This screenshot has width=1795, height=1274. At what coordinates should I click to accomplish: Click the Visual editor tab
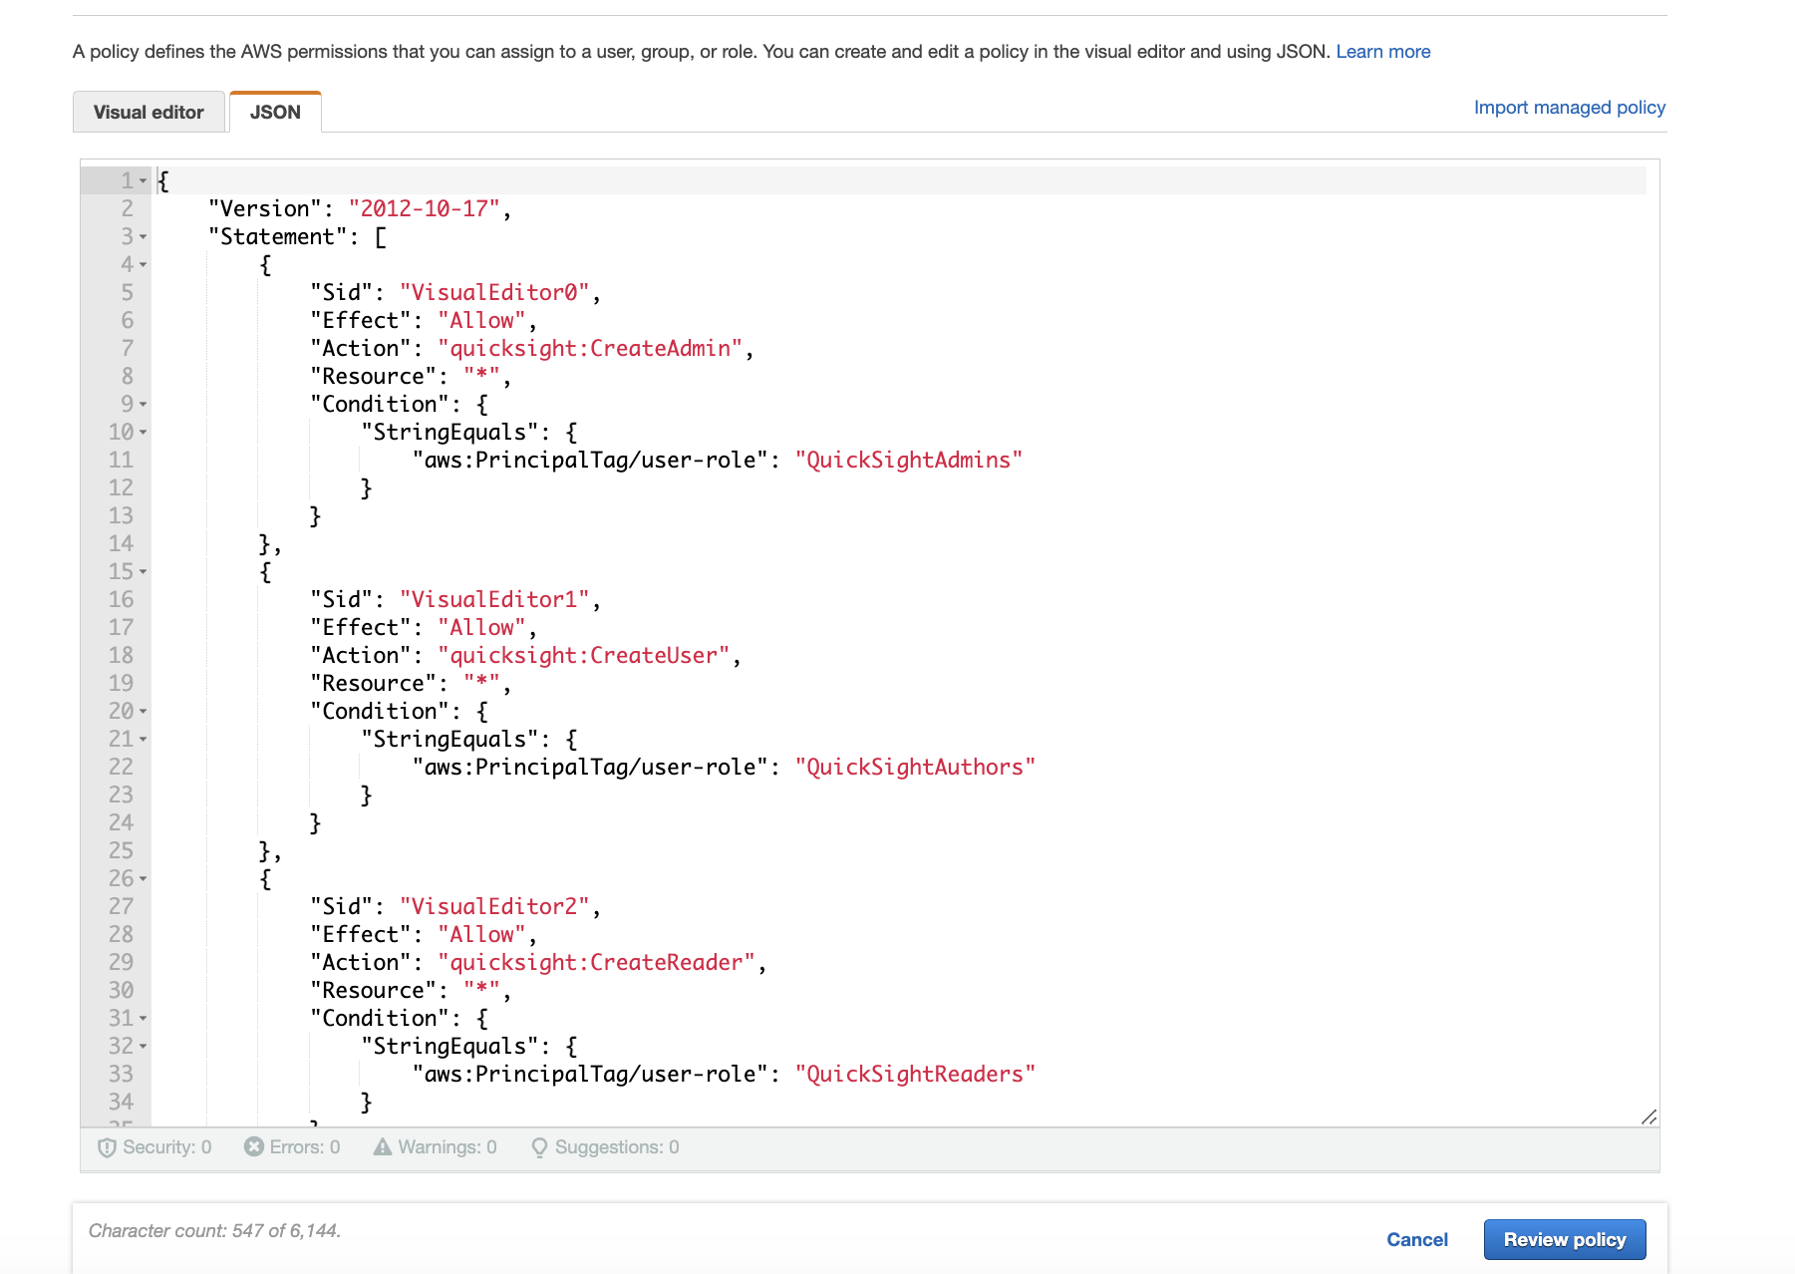pyautogui.click(x=149, y=112)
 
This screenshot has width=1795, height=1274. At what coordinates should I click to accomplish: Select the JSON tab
pyautogui.click(x=275, y=112)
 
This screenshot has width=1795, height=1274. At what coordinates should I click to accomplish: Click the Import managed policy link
pyautogui.click(x=1569, y=107)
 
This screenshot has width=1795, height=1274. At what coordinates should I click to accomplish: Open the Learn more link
pyautogui.click(x=1382, y=51)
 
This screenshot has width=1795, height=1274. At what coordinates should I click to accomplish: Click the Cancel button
pyautogui.click(x=1416, y=1239)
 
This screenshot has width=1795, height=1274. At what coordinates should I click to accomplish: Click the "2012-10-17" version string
pyautogui.click(x=424, y=208)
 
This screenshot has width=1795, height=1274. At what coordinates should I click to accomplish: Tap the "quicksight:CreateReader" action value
pyautogui.click(x=596, y=962)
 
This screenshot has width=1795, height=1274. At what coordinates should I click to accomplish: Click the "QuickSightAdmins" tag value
pyautogui.click(x=908, y=460)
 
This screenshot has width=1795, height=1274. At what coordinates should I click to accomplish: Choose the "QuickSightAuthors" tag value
pyautogui.click(x=915, y=767)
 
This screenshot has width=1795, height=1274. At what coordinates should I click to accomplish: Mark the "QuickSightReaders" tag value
pyautogui.click(x=915, y=1074)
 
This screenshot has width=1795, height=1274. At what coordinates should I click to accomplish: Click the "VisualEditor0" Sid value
pyautogui.click(x=494, y=292)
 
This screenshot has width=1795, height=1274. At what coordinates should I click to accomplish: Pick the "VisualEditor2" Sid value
pyautogui.click(x=494, y=906)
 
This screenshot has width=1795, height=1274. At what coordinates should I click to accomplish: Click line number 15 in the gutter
pyautogui.click(x=121, y=571)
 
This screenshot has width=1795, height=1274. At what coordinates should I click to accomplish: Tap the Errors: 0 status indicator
pyautogui.click(x=292, y=1146)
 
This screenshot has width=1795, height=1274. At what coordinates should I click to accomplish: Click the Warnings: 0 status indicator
pyautogui.click(x=436, y=1146)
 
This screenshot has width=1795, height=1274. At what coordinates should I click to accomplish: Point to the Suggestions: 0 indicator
pyautogui.click(x=605, y=1146)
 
